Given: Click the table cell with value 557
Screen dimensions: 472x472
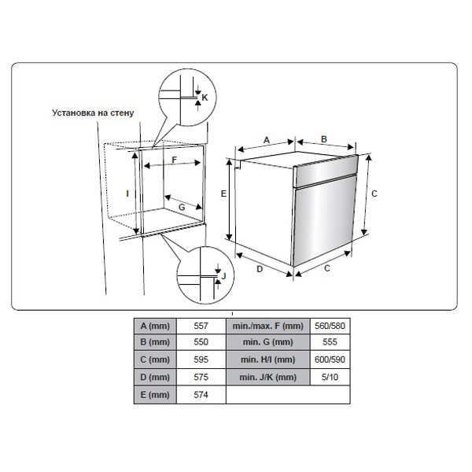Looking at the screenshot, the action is [x=201, y=326].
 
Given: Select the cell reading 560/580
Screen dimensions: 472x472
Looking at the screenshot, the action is [x=330, y=326].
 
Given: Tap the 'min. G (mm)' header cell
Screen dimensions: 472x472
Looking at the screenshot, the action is [x=268, y=342].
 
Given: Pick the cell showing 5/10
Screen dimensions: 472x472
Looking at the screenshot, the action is [x=330, y=377].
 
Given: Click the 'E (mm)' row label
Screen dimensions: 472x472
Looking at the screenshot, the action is [x=155, y=395].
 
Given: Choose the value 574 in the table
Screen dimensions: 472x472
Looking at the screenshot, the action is [x=201, y=395].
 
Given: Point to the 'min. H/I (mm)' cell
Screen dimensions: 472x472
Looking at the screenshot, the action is [x=268, y=360].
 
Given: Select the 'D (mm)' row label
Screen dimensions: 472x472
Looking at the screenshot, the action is [x=155, y=377].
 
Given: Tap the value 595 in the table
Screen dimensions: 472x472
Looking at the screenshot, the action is [x=201, y=360].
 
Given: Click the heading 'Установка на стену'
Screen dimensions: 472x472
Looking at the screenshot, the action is [x=93, y=112].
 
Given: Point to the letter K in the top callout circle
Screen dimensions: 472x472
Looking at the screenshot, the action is [x=205, y=98].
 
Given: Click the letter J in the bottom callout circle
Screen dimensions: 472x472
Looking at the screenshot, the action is [x=223, y=276].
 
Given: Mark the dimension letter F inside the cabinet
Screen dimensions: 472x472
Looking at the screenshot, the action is [x=175, y=160].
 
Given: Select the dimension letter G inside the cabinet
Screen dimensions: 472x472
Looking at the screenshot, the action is [x=182, y=207].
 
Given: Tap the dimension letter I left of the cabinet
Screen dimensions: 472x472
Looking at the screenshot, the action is [x=127, y=194].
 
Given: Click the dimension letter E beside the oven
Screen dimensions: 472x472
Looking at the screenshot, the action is [x=223, y=194].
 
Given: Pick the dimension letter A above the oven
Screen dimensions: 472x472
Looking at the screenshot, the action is [x=267, y=140].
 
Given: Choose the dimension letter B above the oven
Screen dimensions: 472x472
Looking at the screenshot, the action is [x=324, y=139].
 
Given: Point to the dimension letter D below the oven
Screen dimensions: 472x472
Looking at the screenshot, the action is [x=260, y=269].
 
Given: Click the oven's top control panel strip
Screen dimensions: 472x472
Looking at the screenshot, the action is [x=326, y=171].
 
